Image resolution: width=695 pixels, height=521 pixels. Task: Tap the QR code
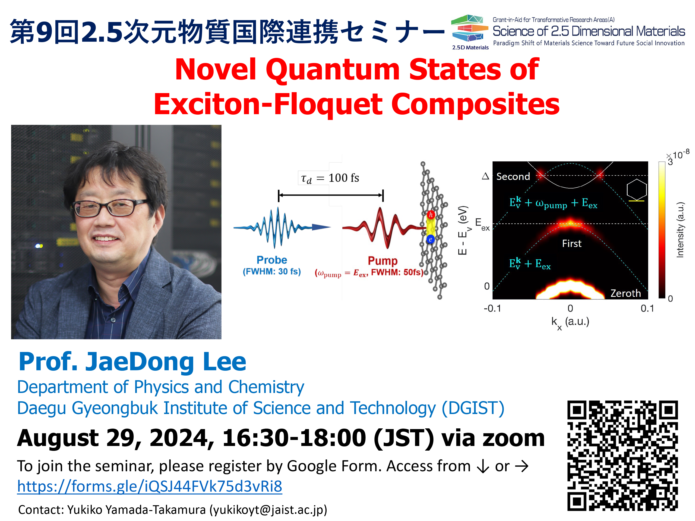(x=622, y=456)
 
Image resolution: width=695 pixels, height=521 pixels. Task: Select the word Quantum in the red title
(x=333, y=70)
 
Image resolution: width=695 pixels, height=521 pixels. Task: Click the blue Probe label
(x=272, y=260)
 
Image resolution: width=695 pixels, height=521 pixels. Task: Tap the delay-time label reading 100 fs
(x=330, y=178)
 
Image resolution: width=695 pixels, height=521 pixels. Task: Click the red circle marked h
(x=431, y=215)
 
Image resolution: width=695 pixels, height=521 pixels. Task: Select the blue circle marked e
(x=430, y=239)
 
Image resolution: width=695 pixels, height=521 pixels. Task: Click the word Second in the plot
(x=513, y=176)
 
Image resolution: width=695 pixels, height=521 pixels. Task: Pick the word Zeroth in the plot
(x=625, y=293)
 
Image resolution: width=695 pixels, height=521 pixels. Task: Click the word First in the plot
(x=572, y=243)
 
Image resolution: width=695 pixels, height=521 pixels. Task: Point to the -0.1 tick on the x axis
(x=492, y=308)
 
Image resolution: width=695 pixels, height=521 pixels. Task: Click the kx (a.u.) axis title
(x=570, y=323)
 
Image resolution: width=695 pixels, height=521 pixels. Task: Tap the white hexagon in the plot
(x=637, y=189)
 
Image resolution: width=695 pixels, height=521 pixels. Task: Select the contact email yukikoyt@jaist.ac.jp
(x=268, y=509)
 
